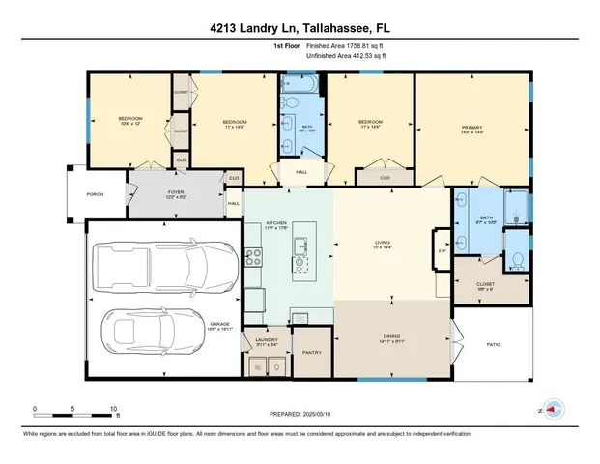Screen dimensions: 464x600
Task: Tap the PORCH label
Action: (x=95, y=194)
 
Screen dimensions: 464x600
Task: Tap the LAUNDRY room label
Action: (x=266, y=341)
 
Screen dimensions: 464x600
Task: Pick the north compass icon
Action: (x=552, y=410)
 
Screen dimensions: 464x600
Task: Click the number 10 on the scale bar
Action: (x=114, y=409)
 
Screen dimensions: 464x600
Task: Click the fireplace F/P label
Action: (x=443, y=252)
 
